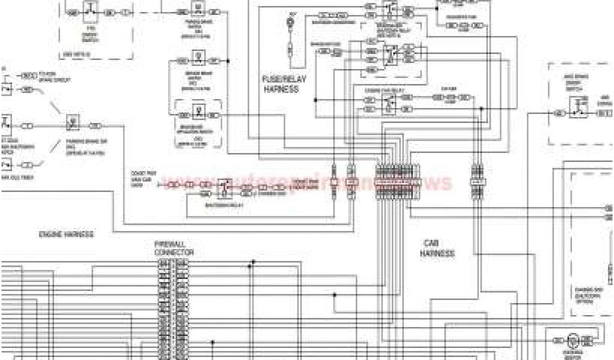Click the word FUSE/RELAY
click(x=279, y=79)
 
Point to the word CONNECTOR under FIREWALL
click(x=173, y=253)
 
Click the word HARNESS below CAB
click(x=437, y=254)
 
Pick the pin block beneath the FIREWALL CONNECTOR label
click(x=173, y=308)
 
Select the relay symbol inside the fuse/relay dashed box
click(x=390, y=54)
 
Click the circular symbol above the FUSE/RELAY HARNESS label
click(x=291, y=23)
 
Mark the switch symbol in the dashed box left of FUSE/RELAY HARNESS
click(x=196, y=111)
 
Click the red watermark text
click(x=312, y=182)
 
